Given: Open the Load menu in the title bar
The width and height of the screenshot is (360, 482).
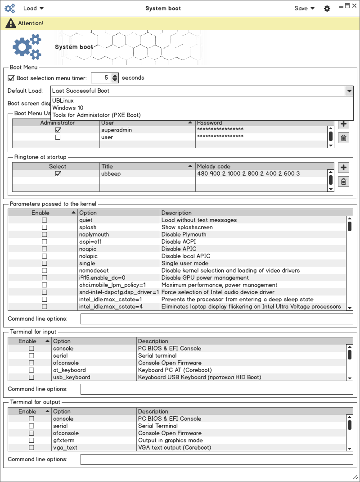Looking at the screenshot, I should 33,8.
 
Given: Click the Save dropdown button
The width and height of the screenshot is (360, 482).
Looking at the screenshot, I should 304,8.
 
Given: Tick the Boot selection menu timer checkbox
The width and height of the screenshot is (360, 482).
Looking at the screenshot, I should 11,78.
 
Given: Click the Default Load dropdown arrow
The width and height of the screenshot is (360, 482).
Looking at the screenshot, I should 349,91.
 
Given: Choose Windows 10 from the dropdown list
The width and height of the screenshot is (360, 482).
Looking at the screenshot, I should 67,108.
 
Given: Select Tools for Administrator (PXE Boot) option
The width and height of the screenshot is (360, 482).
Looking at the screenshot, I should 96,115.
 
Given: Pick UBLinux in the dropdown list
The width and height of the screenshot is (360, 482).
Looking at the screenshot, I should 63,100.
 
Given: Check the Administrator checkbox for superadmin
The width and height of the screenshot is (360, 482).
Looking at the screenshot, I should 58,130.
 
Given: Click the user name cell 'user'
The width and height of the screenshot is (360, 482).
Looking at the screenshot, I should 107,137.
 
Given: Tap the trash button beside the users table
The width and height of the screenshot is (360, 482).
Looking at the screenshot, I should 343,138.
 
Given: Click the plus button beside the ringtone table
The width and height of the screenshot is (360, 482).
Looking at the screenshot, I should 343,168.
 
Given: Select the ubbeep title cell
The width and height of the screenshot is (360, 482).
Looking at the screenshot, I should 111,173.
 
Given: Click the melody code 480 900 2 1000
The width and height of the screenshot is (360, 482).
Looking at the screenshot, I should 248,173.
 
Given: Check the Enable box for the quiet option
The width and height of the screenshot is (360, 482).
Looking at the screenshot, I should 45,220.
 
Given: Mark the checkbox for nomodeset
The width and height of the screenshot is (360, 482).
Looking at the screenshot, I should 45,271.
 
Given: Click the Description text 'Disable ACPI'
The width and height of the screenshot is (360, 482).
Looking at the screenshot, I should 179,241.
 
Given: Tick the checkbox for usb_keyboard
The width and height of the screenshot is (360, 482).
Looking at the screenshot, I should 31,377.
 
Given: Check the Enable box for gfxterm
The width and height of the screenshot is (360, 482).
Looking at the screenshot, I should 31,441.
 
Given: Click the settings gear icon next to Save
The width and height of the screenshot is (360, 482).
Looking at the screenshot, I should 327,9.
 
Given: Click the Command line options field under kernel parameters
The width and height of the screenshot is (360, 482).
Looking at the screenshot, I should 216,319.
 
